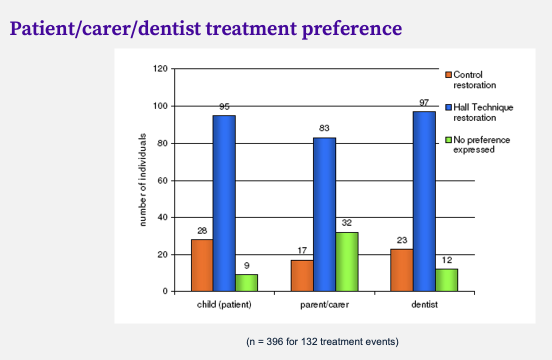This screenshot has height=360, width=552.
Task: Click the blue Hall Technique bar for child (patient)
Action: (224, 203)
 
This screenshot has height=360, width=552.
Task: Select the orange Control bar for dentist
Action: (401, 270)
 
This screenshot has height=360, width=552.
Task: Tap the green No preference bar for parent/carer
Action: (346, 261)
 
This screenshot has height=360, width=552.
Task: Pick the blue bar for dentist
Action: (424, 201)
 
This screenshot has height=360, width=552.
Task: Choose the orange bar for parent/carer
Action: (302, 275)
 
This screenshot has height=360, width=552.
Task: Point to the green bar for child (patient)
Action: (246, 282)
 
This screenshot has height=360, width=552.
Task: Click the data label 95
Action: (224, 106)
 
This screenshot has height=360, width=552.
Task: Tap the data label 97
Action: (424, 102)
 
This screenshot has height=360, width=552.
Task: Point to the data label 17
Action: (302, 251)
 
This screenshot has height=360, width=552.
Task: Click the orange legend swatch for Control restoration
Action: (448, 75)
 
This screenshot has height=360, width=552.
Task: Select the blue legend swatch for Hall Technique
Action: (448, 107)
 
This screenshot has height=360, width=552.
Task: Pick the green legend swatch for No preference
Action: (448, 140)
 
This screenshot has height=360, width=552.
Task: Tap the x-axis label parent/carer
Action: (324, 304)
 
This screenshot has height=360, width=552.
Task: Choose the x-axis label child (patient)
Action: (224, 304)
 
